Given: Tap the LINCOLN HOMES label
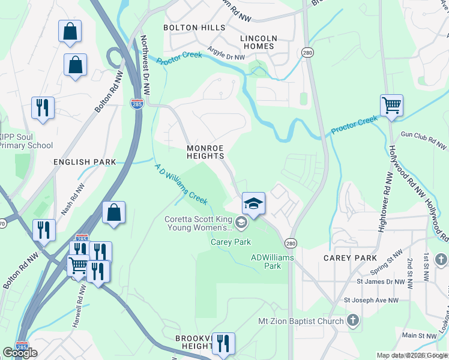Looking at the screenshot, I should click(258, 42).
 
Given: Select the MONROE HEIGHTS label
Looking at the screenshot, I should click(205, 152).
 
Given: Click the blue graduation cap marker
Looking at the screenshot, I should click(253, 205).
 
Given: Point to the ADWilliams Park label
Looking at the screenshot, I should click(265, 262).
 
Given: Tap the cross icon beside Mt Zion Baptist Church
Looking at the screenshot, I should click(353, 321).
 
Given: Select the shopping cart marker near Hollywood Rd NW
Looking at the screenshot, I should click(391, 106).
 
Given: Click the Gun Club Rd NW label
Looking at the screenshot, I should click(424, 141).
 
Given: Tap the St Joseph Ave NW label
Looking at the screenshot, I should click(371, 299).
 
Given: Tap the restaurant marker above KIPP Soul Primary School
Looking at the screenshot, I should click(43, 108).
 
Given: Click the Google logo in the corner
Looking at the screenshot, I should click(20, 353).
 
